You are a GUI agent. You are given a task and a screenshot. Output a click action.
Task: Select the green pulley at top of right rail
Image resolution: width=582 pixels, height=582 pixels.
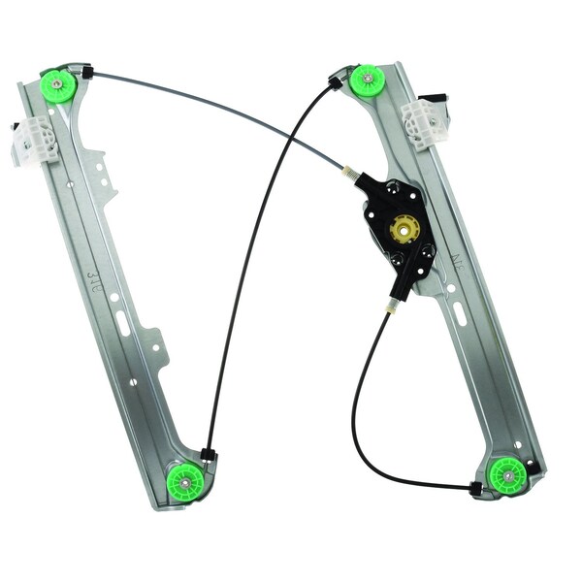[x=368, y=81]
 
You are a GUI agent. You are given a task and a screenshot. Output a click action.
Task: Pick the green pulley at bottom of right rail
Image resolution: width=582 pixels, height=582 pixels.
[x=506, y=474]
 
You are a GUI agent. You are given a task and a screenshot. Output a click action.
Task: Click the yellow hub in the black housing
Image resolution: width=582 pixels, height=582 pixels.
[x=400, y=229]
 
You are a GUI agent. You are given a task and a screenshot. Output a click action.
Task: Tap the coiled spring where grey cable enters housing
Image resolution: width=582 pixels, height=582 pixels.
[x=350, y=174]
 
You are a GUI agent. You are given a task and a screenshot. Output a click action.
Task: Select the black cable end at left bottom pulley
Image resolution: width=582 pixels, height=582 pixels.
[x=208, y=453]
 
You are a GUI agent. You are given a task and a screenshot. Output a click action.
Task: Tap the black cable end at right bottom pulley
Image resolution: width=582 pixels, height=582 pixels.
[x=474, y=489]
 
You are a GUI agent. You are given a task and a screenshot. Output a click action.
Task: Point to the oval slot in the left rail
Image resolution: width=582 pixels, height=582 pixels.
[x=123, y=323]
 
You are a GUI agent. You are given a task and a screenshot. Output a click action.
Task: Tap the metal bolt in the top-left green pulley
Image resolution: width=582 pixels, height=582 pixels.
[x=58, y=83]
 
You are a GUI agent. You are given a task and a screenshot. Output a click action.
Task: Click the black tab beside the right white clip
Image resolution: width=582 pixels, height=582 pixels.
[x=437, y=98]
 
